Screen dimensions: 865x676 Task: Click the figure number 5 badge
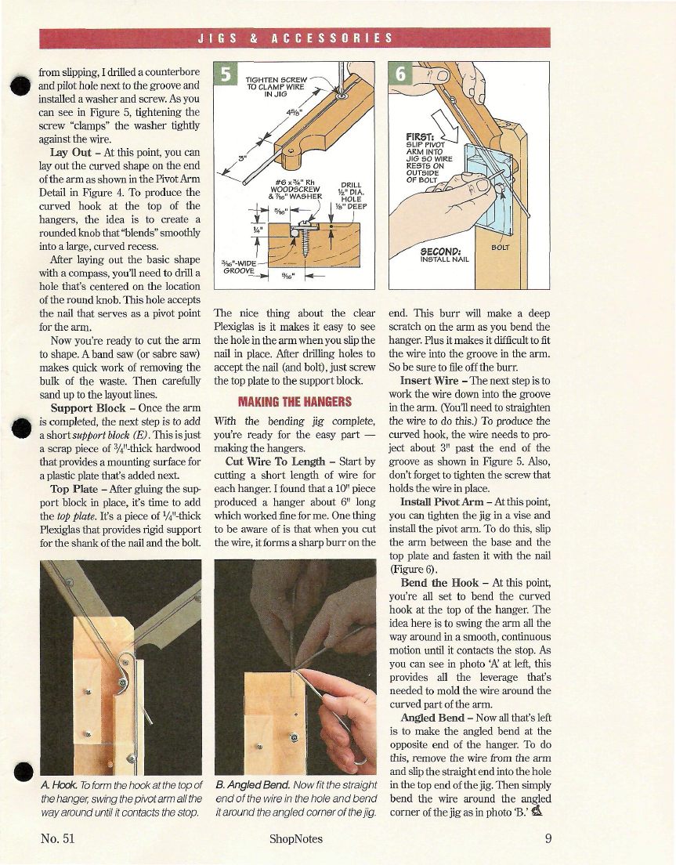(226, 74)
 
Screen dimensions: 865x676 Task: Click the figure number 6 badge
(400, 74)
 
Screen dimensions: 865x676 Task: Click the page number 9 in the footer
(549, 838)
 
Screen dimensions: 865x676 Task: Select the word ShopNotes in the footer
(295, 838)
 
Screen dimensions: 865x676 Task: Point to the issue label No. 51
(58, 838)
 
